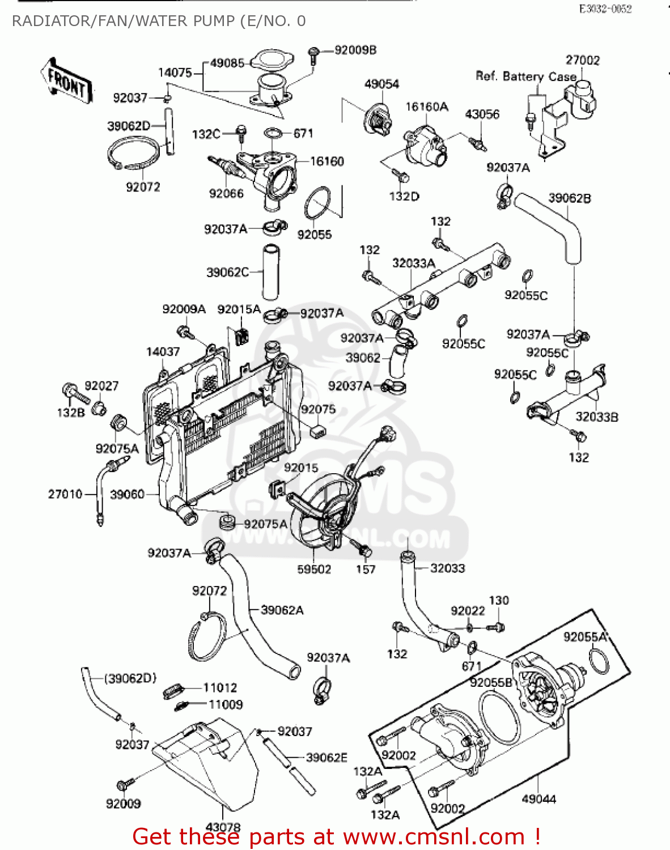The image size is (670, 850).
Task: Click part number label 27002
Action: pos(582,61)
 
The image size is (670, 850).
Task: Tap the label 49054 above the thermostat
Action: pos(381,84)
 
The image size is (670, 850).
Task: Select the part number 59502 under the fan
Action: pos(314,569)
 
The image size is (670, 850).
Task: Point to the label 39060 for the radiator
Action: pos(127,494)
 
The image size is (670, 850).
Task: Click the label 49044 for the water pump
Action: pos(538,799)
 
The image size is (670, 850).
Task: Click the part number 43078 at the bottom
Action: pos(223,827)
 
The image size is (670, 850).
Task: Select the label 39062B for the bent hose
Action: pos(570,198)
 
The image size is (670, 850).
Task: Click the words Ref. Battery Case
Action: pos(525,76)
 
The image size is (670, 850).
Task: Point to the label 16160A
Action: pos(427,107)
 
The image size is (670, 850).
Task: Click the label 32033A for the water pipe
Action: pos(414,263)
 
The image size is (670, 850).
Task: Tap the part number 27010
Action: pos(65,494)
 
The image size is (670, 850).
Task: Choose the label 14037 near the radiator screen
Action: pos(163,352)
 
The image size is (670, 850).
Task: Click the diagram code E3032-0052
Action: pos(605,9)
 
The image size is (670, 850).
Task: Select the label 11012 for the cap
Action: pos(220,688)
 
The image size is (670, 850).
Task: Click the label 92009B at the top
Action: pos(355,50)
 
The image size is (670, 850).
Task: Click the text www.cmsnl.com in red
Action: pos(434,836)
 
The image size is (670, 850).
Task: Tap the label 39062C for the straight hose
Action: pos(227,273)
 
